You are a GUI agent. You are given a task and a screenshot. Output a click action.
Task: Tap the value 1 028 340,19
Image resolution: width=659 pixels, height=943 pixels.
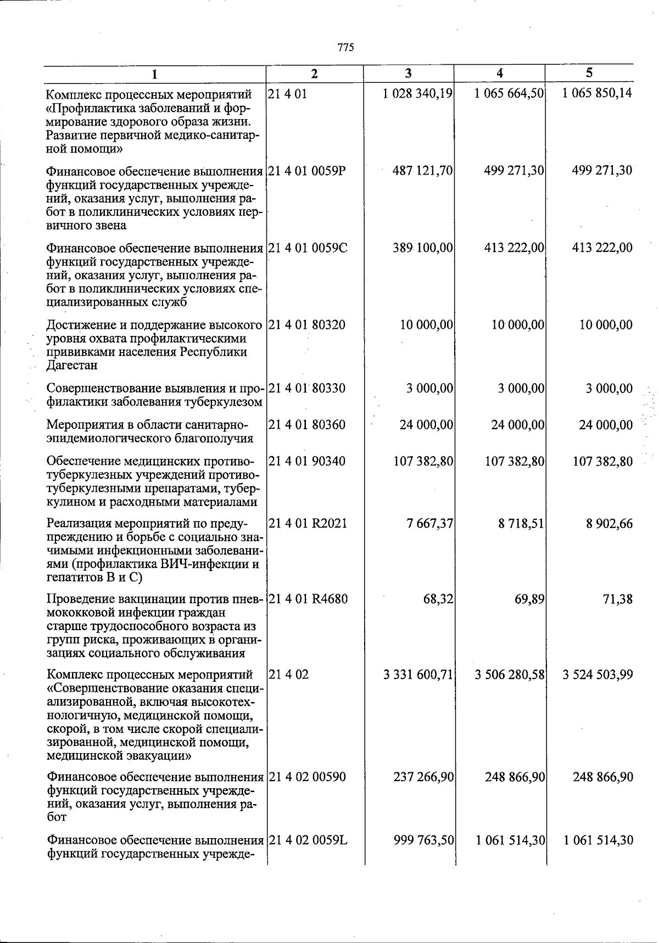click(418, 93)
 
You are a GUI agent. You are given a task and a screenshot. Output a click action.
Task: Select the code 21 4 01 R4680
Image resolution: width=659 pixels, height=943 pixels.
click(308, 598)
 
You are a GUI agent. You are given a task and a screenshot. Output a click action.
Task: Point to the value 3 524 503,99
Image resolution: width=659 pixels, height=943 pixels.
click(597, 674)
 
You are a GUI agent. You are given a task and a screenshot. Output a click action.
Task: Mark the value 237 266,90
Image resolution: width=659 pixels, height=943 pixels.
click(423, 777)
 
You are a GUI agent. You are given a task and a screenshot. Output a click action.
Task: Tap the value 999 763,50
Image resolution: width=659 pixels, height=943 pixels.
click(423, 840)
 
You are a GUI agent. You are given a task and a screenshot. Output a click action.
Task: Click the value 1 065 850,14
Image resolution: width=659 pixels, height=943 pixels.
click(597, 93)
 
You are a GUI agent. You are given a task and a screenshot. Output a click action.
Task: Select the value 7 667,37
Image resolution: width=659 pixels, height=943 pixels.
click(430, 524)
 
